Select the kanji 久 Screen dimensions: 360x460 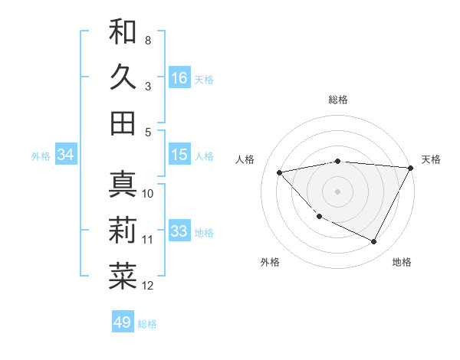click(x=123, y=77)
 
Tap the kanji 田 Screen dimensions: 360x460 click(x=123, y=123)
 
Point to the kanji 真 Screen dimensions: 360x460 click(x=123, y=184)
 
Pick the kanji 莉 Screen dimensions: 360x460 click(x=123, y=230)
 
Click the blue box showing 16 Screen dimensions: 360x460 click(x=179, y=77)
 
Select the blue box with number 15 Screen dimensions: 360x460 click(x=179, y=155)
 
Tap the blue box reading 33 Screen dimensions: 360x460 click(x=179, y=232)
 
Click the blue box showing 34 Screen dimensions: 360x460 click(x=66, y=155)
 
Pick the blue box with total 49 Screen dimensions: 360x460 click(x=123, y=322)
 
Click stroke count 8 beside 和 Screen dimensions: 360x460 click(x=148, y=40)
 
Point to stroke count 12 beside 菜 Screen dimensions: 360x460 click(x=148, y=286)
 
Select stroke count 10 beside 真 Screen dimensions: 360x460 click(x=148, y=194)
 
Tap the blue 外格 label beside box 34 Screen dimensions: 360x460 click(x=41, y=156)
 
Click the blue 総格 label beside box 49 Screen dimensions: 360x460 click(x=147, y=324)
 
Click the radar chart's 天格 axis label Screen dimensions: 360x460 click(x=431, y=159)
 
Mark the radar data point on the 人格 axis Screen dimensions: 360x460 click(x=280, y=172)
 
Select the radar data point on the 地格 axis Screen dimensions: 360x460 click(x=374, y=242)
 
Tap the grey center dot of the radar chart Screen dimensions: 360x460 click(x=337, y=191)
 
